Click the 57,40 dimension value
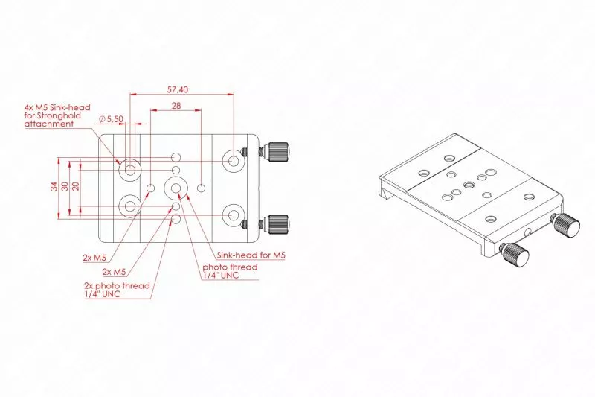(178, 89)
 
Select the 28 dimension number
(176, 106)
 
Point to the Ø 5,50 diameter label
(111, 119)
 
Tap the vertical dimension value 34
(54, 186)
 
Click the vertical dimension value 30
(65, 186)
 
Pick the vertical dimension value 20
(76, 185)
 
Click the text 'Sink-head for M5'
(251, 255)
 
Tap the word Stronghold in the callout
(59, 115)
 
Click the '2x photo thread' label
(118, 286)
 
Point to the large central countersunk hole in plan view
(176, 188)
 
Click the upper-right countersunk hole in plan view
(234, 161)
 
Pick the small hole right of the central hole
(202, 188)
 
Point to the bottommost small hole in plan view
(176, 219)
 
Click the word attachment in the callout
(49, 124)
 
